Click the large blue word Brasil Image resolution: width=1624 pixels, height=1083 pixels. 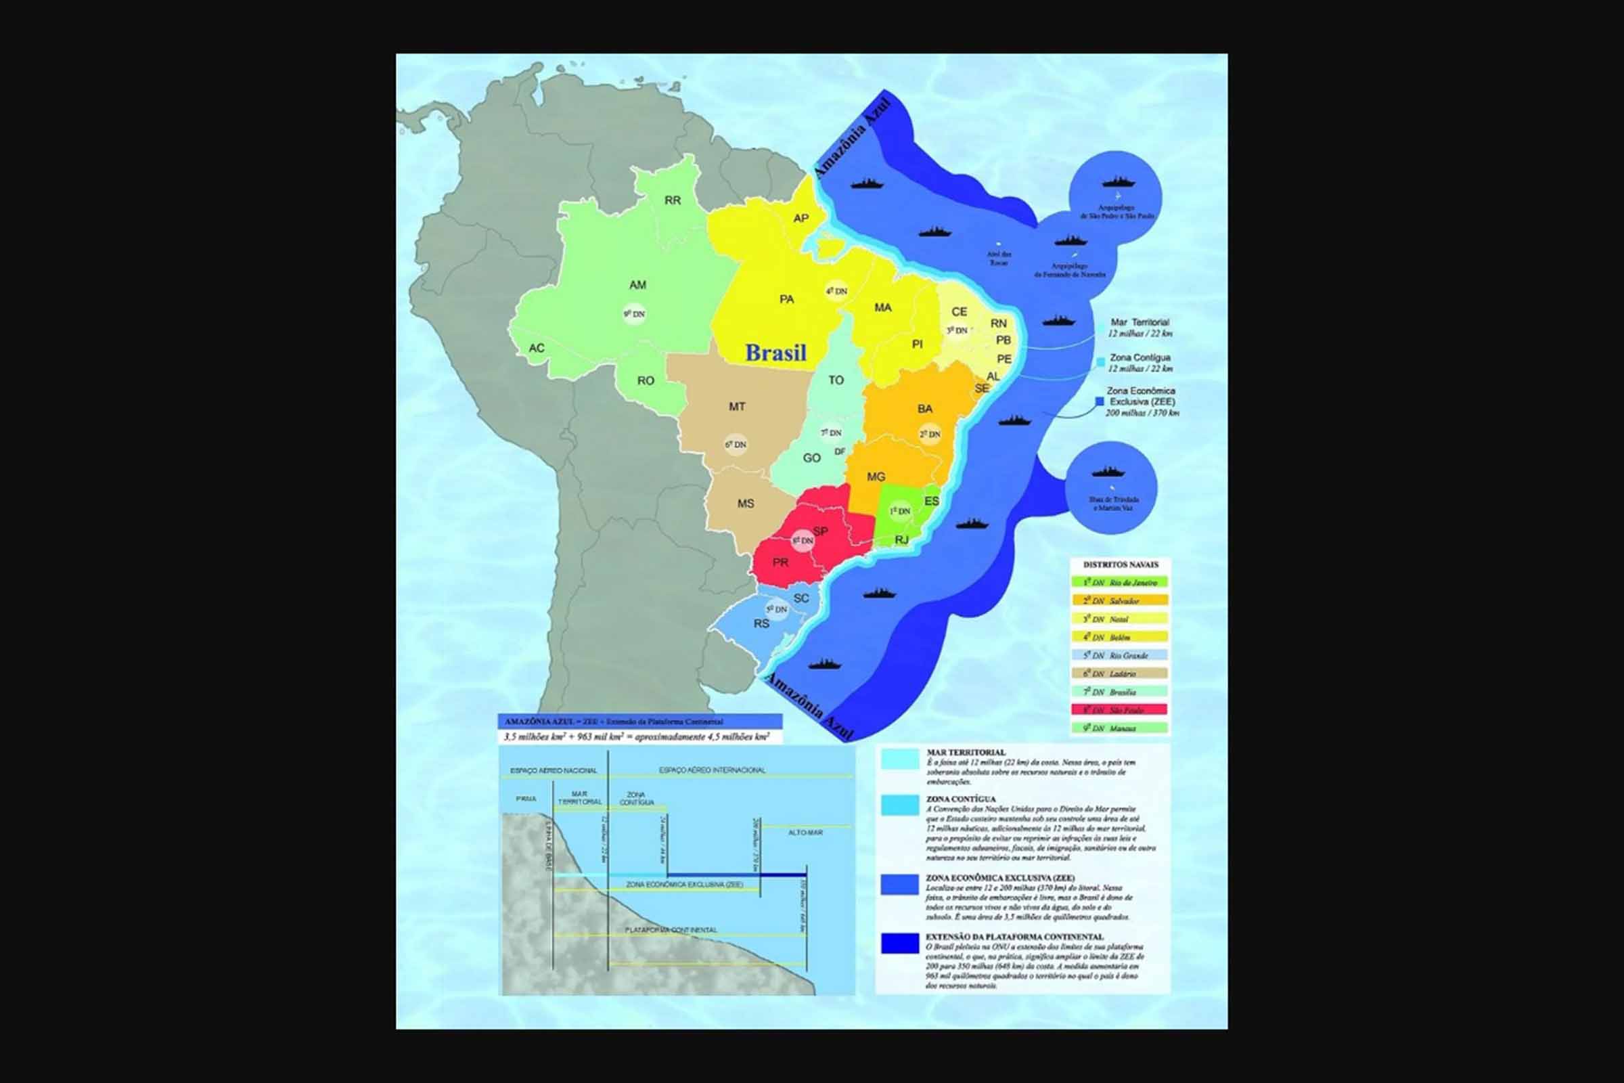coord(775,353)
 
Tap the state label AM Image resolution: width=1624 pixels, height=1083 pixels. coord(637,284)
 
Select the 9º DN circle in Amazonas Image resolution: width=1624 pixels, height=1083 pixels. coord(634,314)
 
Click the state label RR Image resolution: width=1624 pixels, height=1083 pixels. coord(673,200)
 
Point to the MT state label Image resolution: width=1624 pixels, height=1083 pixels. coord(737,407)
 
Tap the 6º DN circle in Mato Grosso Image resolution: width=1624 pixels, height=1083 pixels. coord(736,445)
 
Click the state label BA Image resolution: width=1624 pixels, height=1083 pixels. coord(924,409)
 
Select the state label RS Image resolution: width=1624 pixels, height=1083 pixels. coord(761,623)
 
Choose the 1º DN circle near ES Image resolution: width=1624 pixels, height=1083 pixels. coord(900,511)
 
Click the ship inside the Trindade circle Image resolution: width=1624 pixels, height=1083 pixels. coord(1108,472)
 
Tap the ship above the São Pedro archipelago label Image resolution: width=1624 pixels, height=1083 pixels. coord(1119,182)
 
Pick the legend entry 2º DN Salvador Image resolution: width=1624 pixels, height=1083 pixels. coord(1119,601)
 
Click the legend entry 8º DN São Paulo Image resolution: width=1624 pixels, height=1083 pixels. coord(1119,709)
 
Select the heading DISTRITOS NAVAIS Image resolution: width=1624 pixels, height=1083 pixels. coord(1120,565)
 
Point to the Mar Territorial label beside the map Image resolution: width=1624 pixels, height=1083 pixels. coord(1140,323)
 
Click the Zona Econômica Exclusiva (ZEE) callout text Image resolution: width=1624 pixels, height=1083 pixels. coord(1141,396)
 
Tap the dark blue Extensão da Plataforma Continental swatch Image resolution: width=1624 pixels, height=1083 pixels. coord(900,944)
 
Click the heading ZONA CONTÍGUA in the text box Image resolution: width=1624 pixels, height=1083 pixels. coord(960,799)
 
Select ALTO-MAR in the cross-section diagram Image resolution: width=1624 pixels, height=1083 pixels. coord(805,833)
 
